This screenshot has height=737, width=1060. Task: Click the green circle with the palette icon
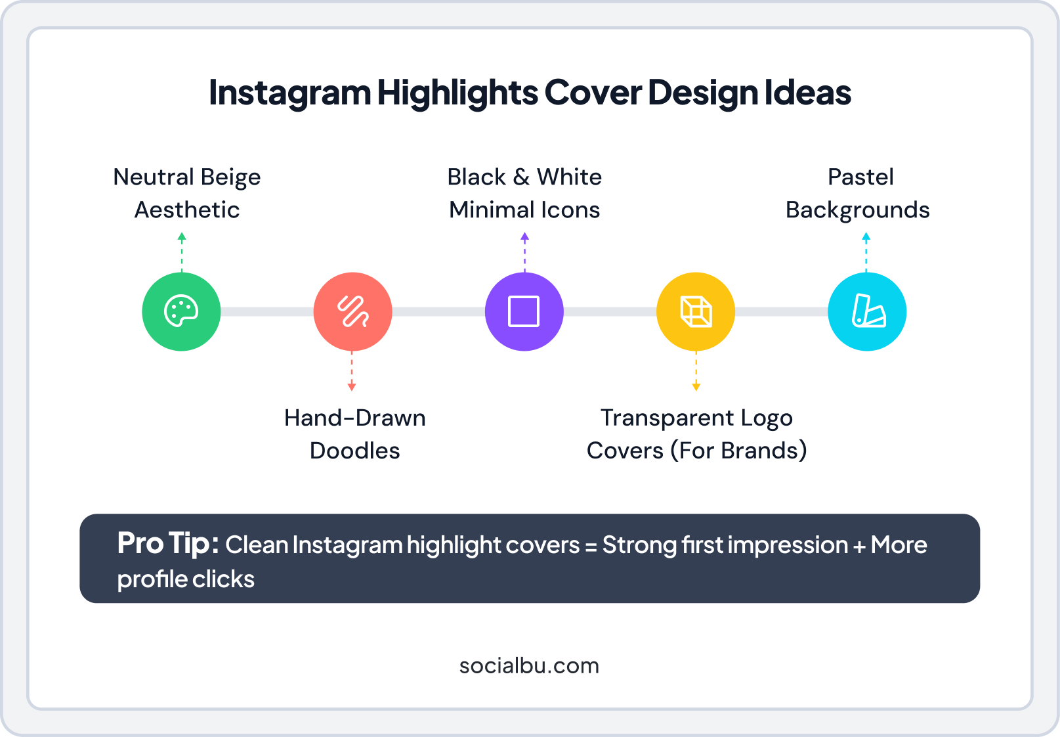181,311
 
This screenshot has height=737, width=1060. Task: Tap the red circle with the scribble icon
352,311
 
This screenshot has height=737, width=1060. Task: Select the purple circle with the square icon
524,311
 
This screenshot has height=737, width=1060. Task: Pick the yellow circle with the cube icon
696,311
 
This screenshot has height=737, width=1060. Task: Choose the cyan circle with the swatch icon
867,311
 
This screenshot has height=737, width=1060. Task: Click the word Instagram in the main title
289,93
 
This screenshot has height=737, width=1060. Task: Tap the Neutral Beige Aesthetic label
187,193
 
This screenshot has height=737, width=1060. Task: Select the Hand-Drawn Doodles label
354,434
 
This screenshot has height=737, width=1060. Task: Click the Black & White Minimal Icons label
524,193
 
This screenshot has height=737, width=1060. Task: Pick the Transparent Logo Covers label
696,434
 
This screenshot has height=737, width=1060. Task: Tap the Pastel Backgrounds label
858,193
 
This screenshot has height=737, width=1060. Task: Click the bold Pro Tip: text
168,544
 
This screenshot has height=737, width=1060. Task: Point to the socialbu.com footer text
529,665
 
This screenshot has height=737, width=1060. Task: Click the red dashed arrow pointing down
352,371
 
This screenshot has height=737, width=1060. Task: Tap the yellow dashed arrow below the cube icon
696,371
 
